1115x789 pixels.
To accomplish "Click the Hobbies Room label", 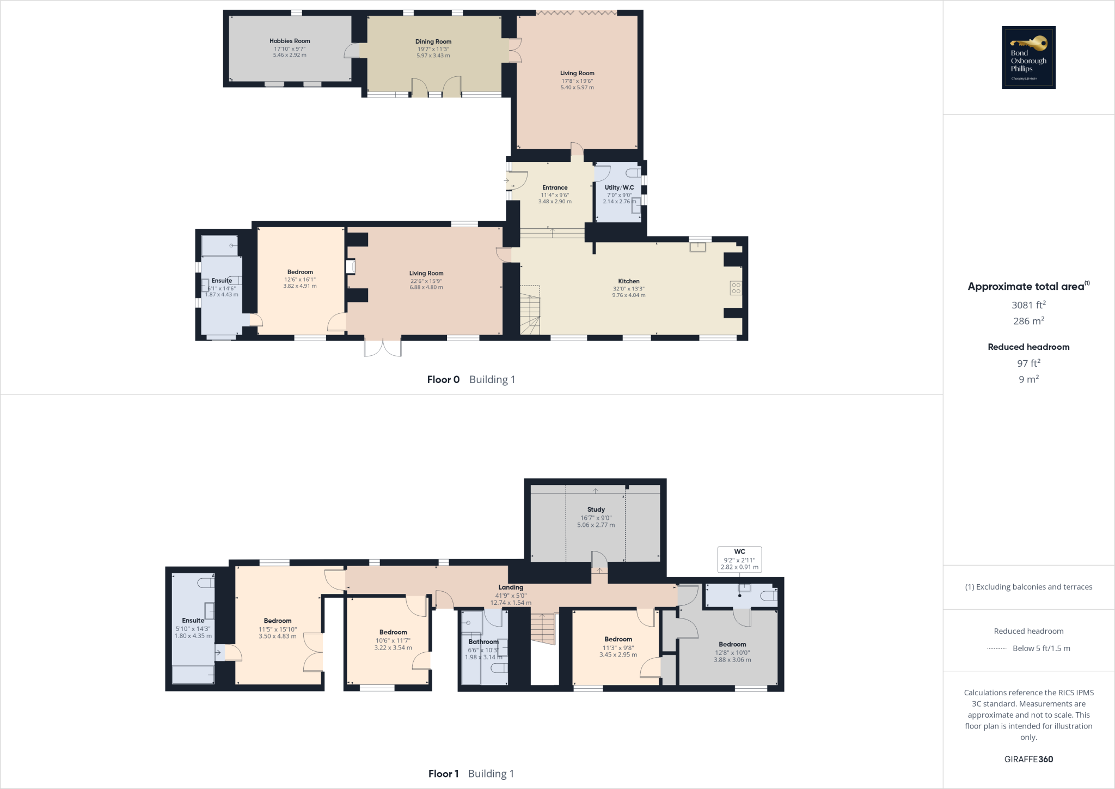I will click(x=290, y=41).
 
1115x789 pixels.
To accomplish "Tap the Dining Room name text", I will click(x=433, y=41).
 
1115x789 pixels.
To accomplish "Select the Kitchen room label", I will click(x=629, y=281).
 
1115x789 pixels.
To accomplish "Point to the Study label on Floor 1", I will click(x=596, y=509).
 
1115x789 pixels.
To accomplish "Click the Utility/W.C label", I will click(x=619, y=187).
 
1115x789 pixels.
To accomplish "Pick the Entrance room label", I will click(x=555, y=187).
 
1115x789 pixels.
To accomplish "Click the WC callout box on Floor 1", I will click(x=739, y=560).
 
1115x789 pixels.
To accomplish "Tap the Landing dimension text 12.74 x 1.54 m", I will click(x=511, y=603).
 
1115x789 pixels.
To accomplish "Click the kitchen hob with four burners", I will click(x=736, y=288).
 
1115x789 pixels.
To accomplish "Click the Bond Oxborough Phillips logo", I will click(x=1028, y=57).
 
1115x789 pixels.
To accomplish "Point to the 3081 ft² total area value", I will click(x=1028, y=305).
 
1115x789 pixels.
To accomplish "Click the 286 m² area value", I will click(x=1028, y=321).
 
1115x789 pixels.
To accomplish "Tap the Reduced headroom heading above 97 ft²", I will click(x=1028, y=347).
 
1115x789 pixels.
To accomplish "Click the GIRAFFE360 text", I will click(x=1028, y=759).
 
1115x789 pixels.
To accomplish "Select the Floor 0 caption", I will click(x=443, y=380).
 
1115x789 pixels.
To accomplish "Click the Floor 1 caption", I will click(x=443, y=774).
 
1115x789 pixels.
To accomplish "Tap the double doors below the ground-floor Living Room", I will click(x=383, y=347).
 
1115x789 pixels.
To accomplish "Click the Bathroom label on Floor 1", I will click(x=483, y=642).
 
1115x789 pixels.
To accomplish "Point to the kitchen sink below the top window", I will click(x=698, y=247).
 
